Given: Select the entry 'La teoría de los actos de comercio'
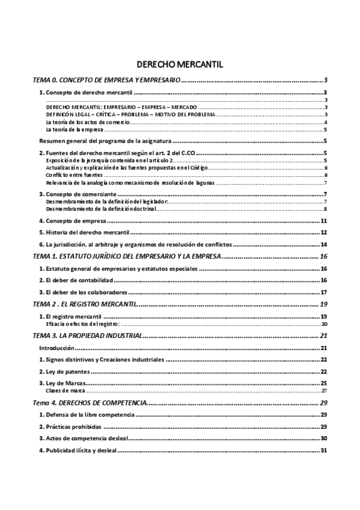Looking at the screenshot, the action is pyautogui.click(x=88, y=122).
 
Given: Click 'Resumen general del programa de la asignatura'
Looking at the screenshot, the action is pyautogui.click(x=103, y=141).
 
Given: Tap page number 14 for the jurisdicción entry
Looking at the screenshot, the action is pyautogui.click(x=323, y=244).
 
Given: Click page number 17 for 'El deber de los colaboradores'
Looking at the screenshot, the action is pyautogui.click(x=323, y=292).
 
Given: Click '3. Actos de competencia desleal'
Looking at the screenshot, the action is pyautogui.click(x=86, y=438).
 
